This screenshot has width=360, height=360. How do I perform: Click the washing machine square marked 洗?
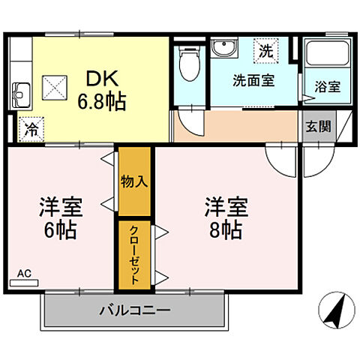coord(265,51)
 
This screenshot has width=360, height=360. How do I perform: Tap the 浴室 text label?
coord(327,86)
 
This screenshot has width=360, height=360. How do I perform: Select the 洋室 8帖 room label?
coord(224,218)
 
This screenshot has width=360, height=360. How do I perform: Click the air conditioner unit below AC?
coord(24,284)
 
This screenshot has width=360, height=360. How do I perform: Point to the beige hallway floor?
coord(240,125)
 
